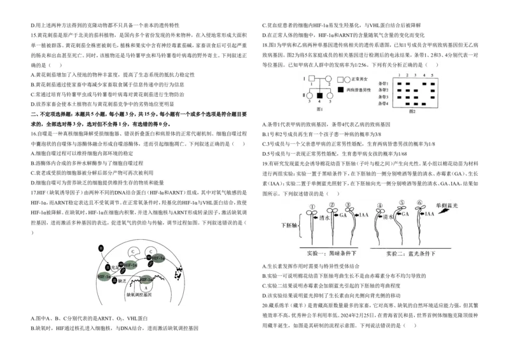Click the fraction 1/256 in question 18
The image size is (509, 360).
(358, 65)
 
